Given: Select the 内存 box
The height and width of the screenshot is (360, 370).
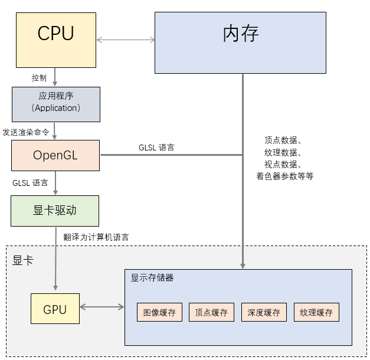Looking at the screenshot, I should [240, 42].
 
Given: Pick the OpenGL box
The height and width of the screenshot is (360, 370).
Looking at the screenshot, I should [55, 156].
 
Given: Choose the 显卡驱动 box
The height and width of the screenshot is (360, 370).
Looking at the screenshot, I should [55, 211].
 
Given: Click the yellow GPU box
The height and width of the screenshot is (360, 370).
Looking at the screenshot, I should [55, 309].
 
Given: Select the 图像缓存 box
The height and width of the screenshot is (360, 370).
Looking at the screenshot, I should [159, 312].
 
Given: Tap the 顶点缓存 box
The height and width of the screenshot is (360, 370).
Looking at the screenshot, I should [211, 312].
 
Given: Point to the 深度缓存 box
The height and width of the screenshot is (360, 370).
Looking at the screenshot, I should [264, 312].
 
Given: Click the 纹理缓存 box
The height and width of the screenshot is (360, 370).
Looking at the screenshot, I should [316, 312].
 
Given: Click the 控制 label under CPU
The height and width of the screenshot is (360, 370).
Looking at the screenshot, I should [39, 78].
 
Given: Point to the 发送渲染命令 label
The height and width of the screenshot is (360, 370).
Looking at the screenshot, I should [26, 132].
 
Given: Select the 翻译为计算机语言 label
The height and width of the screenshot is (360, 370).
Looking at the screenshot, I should [96, 237].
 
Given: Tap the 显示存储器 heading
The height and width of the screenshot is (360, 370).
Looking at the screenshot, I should [152, 277].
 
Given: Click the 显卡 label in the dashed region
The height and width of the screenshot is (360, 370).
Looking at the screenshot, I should [23, 260].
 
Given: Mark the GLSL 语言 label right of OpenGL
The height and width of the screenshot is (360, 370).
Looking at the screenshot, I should [156, 148].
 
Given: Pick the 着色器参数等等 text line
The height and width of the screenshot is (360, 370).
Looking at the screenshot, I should [284, 176].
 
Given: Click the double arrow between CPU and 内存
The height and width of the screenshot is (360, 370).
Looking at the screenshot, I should [126, 40].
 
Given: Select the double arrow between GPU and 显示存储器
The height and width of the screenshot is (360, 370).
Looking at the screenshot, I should [101, 307].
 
